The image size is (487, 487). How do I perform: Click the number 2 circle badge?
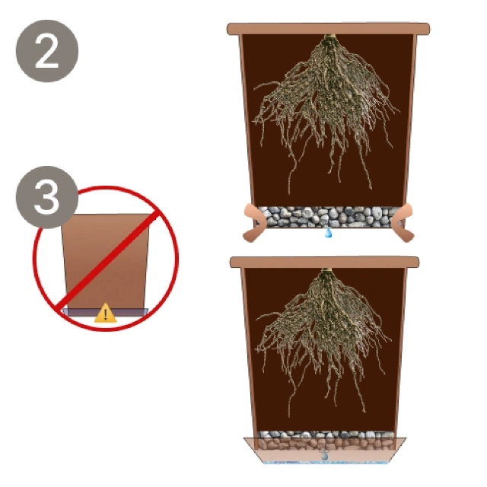point(47,51)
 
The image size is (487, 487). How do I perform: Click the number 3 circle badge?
point(47,197)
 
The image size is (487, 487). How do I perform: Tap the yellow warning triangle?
point(106,313)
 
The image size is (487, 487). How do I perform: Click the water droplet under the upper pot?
point(328,233)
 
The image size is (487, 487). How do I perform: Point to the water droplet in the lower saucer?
point(324,455)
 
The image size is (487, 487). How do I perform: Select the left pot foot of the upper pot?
point(253,222)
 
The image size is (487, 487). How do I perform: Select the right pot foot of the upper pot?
point(403,222)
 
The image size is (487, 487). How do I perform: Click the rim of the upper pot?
point(328,29)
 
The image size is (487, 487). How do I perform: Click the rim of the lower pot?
point(325,262)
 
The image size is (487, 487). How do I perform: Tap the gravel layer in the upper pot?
point(328,217)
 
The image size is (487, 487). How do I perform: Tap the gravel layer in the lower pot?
point(325,440)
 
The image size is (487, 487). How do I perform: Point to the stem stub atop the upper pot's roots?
point(329,37)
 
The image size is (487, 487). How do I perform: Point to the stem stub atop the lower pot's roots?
point(326,271)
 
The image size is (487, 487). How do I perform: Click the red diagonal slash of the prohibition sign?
point(107,259)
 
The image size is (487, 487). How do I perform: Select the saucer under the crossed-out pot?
point(105,312)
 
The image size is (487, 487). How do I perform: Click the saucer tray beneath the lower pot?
point(325,450)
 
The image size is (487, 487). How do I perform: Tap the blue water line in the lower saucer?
point(325,462)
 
